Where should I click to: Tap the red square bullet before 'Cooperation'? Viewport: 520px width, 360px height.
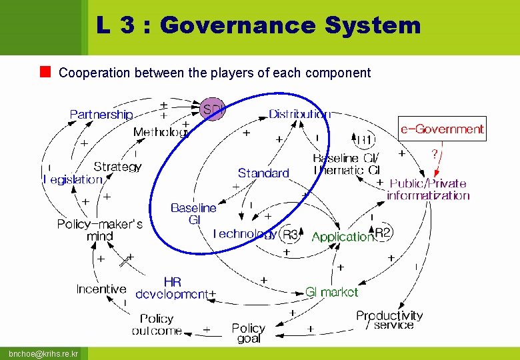pos(45,71)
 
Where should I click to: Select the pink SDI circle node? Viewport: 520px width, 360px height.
pos(213,109)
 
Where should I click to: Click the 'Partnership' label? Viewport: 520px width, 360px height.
pos(101,115)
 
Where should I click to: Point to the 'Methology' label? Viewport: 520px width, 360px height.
pos(161,131)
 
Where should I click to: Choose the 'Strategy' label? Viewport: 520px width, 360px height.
pos(117,166)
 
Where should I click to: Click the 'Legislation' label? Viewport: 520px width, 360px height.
pos(73,179)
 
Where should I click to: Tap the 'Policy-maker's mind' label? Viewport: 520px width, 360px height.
pos(99,230)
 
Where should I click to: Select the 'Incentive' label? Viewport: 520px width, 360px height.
pos(101,289)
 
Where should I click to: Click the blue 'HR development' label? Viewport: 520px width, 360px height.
pos(172,288)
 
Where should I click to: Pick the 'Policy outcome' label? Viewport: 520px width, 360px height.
pos(157,325)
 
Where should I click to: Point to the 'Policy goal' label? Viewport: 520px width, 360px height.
pos(248,333)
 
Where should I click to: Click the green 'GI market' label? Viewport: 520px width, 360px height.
pos(331,291)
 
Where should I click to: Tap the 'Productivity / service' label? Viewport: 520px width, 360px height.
pos(389,320)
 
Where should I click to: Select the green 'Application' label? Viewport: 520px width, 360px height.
pos(342,237)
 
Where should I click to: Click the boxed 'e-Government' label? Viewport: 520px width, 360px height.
pos(443,129)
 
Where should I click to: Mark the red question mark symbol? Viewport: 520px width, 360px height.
pos(435,153)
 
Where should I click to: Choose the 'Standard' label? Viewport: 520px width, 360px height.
pos(263,173)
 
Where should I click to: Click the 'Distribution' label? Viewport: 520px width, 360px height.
pos(299,114)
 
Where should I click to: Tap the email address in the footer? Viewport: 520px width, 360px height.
pos(43,353)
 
